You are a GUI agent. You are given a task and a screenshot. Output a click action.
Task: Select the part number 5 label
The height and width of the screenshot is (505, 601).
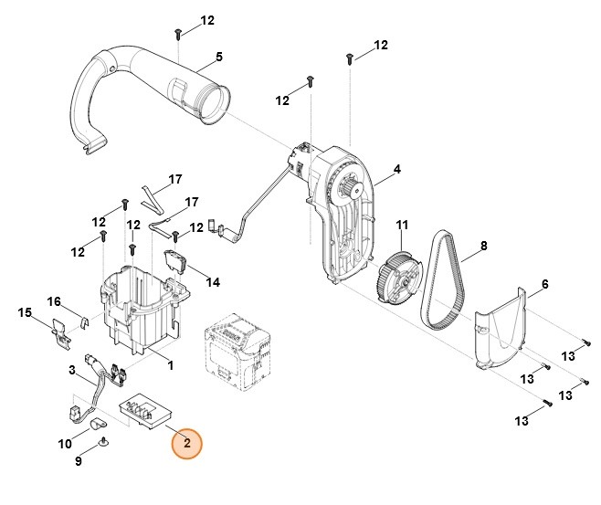click(219, 57)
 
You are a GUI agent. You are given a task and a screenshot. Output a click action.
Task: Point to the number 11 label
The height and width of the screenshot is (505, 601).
click(402, 225)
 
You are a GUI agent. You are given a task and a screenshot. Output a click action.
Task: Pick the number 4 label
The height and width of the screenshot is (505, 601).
click(397, 169)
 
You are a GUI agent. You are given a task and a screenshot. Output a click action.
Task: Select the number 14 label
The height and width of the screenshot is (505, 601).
click(213, 282)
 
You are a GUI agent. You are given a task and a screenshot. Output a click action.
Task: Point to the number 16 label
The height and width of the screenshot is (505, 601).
click(54, 301)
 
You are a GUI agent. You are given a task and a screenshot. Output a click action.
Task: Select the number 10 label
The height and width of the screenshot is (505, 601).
click(64, 444)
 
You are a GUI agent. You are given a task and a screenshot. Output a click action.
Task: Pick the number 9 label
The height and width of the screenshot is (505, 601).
click(78, 461)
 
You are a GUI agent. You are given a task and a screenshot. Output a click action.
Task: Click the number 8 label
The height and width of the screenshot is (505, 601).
click(483, 245)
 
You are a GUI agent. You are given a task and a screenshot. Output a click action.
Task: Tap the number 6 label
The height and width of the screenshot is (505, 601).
click(544, 284)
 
